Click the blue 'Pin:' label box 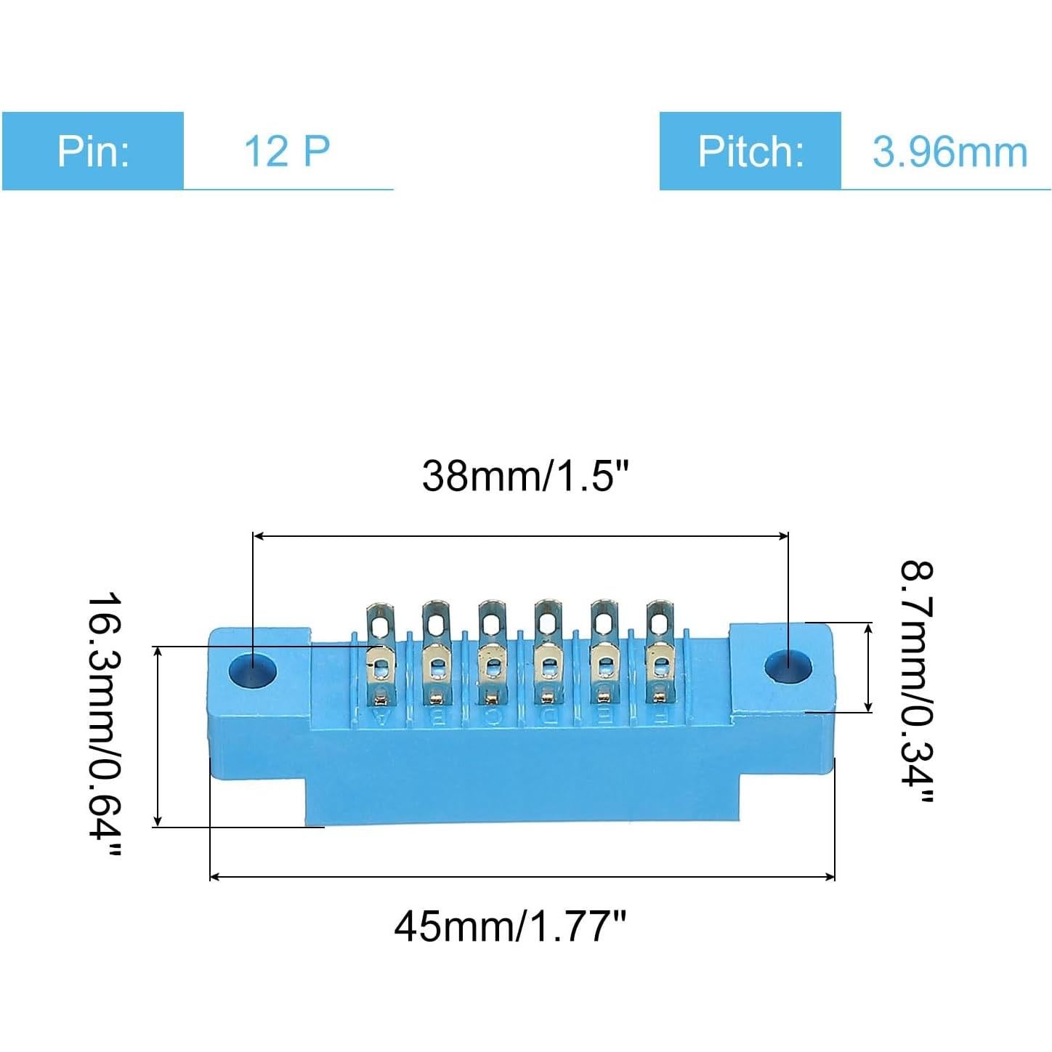(93, 151)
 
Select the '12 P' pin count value (287, 151)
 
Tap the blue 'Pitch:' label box (750, 151)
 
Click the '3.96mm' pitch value (950, 151)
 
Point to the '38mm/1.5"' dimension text (525, 477)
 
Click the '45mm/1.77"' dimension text (510, 926)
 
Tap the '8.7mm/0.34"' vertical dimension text (917, 682)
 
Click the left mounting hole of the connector (252, 670)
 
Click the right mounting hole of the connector (788, 666)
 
